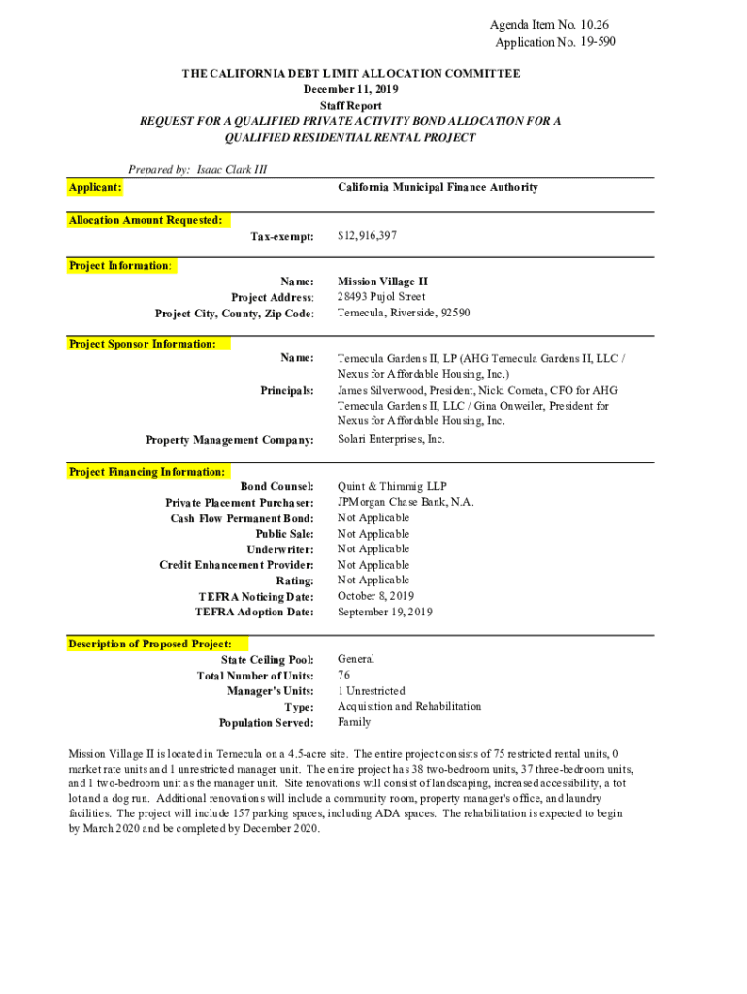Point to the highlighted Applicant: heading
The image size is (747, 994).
[x=95, y=186]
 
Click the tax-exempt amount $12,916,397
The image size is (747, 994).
[x=367, y=236]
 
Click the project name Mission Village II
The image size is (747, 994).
[x=375, y=282]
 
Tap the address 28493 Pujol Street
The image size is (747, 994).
[x=381, y=297]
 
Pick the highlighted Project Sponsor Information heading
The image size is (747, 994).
[x=143, y=344]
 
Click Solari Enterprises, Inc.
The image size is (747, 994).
[x=391, y=439]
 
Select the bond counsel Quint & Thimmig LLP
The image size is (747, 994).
[x=392, y=487]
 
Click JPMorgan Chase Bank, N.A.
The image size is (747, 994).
[x=406, y=503]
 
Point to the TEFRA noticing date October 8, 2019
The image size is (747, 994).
[x=375, y=596]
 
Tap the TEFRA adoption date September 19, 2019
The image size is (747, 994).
[x=385, y=613]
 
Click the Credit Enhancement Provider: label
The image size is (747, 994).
[x=237, y=565]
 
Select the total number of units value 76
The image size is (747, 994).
[x=344, y=675]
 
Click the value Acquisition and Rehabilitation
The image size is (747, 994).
[x=409, y=707]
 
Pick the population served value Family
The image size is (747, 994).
[x=353, y=722]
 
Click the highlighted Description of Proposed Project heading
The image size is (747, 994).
[x=150, y=644]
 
